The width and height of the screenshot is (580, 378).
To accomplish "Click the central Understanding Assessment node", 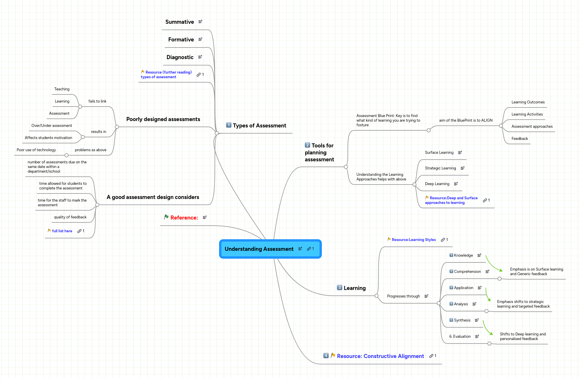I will (259, 249).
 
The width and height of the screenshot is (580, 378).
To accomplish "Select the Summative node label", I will (179, 22).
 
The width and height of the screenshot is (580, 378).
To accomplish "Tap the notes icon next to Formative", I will (200, 39).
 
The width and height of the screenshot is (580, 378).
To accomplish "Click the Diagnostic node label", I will (180, 57).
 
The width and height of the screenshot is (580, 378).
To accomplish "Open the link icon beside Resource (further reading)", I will (199, 75).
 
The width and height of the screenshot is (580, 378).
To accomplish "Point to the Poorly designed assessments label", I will (163, 119).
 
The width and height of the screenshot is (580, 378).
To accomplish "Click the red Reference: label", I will (184, 218).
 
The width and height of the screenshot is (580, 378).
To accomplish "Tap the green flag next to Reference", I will (166, 217).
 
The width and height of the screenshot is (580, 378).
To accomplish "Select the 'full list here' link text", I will (62, 231).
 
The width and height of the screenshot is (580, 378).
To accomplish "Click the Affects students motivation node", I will (48, 138).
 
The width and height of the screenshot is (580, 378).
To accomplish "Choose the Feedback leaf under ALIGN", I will (520, 139).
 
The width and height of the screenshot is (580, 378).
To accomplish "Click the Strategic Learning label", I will (440, 168).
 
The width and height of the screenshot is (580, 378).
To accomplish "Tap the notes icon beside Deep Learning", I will (456, 184).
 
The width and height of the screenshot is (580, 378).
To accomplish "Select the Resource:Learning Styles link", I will (414, 240).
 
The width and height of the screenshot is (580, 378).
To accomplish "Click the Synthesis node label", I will (462, 320).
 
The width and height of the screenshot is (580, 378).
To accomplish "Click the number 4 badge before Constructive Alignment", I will (326, 356).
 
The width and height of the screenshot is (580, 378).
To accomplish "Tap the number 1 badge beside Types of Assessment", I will (229, 125).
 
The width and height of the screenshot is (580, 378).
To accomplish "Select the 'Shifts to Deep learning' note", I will (523, 337).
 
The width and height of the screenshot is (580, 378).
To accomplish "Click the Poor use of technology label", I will (36, 150).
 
